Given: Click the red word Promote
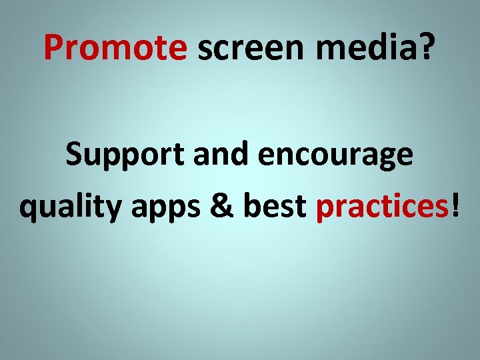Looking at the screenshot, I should tap(115, 47).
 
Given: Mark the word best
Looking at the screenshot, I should tap(273, 207).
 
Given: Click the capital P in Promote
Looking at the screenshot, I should tap(53, 47).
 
